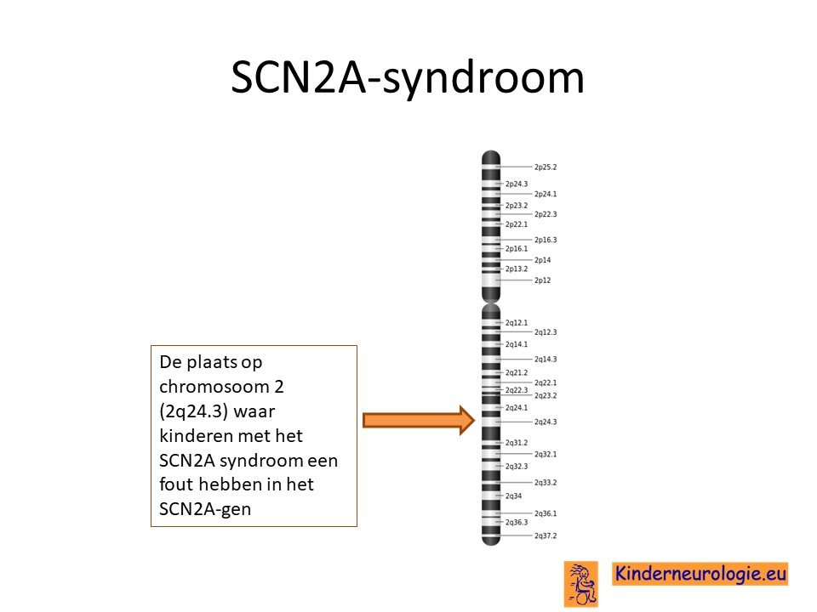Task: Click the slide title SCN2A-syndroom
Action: point(408,77)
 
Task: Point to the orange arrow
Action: point(419,420)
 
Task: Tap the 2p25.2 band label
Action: point(546,167)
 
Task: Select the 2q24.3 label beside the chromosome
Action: point(546,422)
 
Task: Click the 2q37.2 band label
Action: point(546,535)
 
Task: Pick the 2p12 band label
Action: point(542,280)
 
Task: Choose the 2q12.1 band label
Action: point(517,323)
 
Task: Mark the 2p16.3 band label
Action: point(546,240)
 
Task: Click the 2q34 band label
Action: point(513,496)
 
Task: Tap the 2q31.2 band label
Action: point(517,443)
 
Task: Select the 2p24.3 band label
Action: point(517,184)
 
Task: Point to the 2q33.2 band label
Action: point(546,483)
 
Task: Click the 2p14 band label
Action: point(542,260)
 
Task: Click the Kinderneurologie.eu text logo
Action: point(700,574)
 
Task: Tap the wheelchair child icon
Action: point(581,584)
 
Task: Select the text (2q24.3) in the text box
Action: point(194,411)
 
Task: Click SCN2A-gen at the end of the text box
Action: point(205,509)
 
